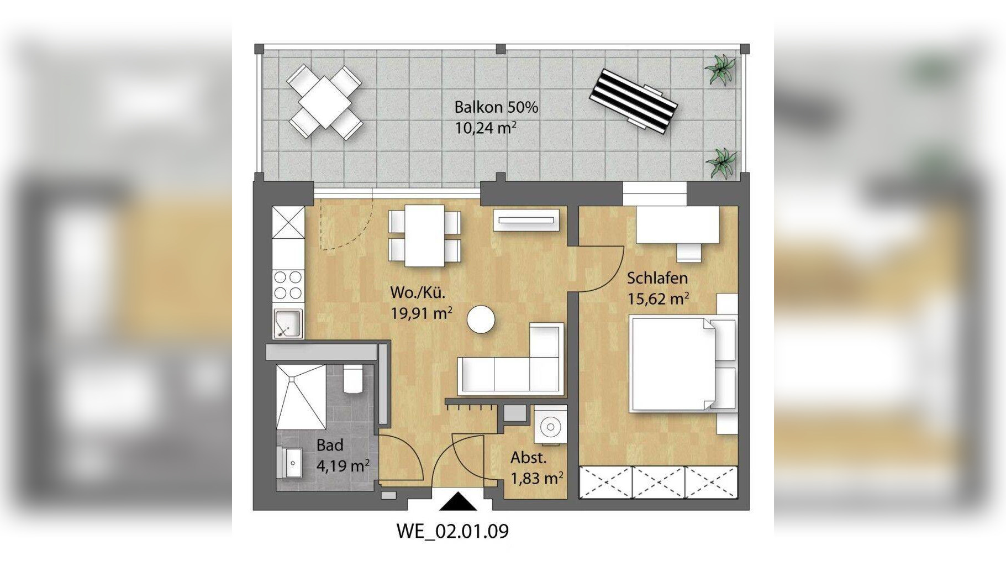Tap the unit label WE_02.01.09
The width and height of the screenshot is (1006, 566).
[x=452, y=531]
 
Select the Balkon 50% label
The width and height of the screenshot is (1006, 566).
[x=496, y=107]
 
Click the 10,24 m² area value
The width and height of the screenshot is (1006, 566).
[x=486, y=128]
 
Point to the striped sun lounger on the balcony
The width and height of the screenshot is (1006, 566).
[x=633, y=101]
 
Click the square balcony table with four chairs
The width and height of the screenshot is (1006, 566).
[x=325, y=102]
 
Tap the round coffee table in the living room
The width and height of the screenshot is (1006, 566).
[x=481, y=319]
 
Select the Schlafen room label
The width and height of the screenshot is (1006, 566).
[x=657, y=278]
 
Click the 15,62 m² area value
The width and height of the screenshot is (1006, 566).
[x=658, y=299]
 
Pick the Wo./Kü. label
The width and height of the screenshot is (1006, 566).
[x=418, y=292]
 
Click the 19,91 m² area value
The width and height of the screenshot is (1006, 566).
[x=422, y=313]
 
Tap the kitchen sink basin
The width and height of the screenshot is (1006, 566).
[x=288, y=323]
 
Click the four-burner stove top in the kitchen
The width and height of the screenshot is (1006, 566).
[x=288, y=285]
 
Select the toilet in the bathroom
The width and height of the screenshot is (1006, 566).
[x=352, y=378]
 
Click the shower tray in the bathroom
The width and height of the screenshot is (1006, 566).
[x=301, y=396]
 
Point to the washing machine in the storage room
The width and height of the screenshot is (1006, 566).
[x=550, y=426]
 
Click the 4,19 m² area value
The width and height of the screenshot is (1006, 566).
[x=343, y=466]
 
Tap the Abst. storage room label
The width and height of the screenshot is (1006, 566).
[x=529, y=458]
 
